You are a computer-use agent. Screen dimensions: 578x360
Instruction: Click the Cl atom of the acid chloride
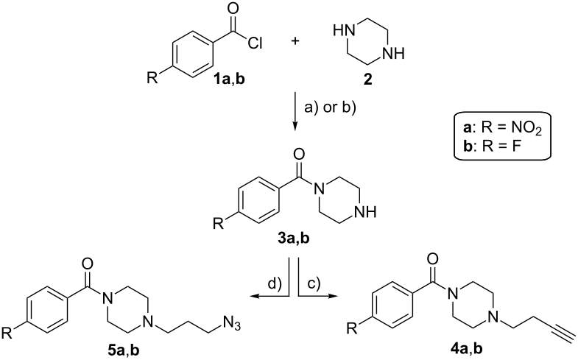tap(255, 44)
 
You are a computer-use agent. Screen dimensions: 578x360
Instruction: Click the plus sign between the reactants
tap(295, 40)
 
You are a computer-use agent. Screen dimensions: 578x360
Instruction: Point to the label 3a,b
tap(294, 239)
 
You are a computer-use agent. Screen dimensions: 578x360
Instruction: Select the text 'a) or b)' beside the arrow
tap(330, 108)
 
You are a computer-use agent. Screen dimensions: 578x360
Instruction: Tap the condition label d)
tap(275, 283)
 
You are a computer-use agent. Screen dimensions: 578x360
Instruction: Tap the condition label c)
tap(314, 283)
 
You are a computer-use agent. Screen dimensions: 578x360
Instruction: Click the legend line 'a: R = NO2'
tap(503, 129)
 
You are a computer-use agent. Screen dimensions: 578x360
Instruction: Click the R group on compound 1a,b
tap(152, 78)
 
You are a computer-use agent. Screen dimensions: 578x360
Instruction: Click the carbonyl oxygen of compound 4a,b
tap(434, 259)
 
